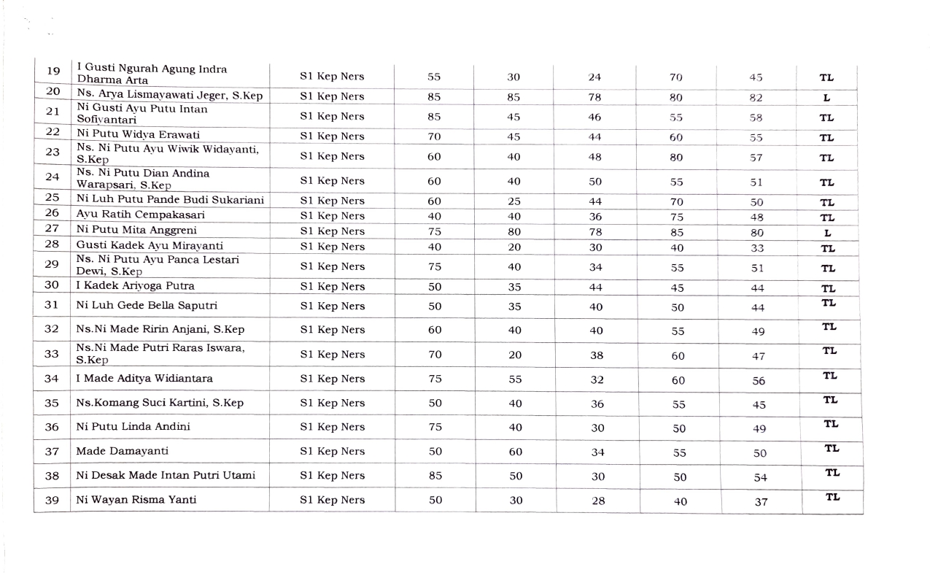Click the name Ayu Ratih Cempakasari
coord(140,215)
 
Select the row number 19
coord(53,72)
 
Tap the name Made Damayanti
coord(122,451)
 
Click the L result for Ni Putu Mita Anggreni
coord(827,233)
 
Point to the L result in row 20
coord(827,98)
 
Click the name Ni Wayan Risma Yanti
coord(136,500)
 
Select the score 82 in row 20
coord(756,98)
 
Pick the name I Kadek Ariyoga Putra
coord(136,286)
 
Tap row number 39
coord(52,501)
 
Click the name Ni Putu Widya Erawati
coord(138,135)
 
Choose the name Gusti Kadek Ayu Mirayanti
coord(150,246)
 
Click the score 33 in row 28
coord(756,248)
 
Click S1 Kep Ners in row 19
coord(332,77)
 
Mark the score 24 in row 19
coord(594,77)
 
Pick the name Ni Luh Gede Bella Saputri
coord(147,306)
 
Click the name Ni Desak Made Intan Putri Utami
coord(166,476)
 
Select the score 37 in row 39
coord(761,502)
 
